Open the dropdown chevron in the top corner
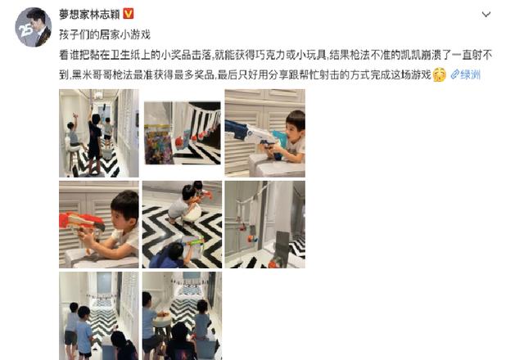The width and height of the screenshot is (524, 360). point(486,15)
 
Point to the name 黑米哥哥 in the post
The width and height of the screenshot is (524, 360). point(78,74)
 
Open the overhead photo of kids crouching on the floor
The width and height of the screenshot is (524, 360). point(182,224)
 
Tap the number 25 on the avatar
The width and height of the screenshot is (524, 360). point(22,35)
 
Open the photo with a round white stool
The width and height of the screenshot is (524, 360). point(182,316)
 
